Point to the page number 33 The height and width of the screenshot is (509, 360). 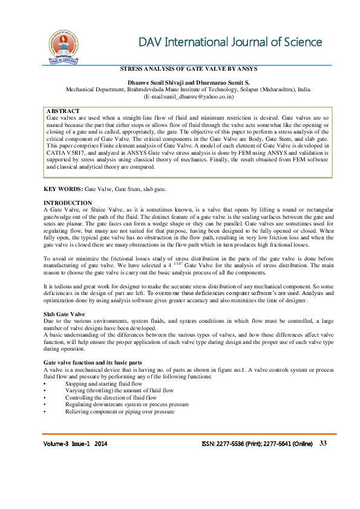tap(323, 444)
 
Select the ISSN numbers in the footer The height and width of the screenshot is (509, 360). tap(257, 444)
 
